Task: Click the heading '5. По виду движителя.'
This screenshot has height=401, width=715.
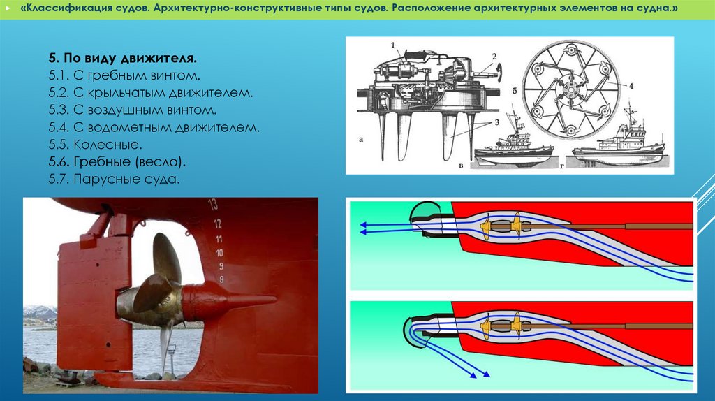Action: (x=123, y=58)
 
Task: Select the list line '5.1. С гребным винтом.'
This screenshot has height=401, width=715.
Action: (x=124, y=75)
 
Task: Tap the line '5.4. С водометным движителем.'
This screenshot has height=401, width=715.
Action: (x=154, y=127)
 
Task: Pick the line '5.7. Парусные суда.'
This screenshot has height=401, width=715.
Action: (x=114, y=179)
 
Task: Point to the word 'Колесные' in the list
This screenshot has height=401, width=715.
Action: (x=108, y=145)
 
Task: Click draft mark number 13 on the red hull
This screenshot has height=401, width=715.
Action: (x=213, y=205)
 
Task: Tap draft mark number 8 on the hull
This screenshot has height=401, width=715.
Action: (x=221, y=279)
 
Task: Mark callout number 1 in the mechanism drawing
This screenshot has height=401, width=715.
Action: (x=392, y=45)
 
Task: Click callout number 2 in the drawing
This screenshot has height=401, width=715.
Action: (x=494, y=57)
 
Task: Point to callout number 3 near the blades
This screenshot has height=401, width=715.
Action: (x=496, y=122)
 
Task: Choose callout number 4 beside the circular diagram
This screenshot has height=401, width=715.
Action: (x=631, y=86)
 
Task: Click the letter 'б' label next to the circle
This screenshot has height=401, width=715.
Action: (x=515, y=92)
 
